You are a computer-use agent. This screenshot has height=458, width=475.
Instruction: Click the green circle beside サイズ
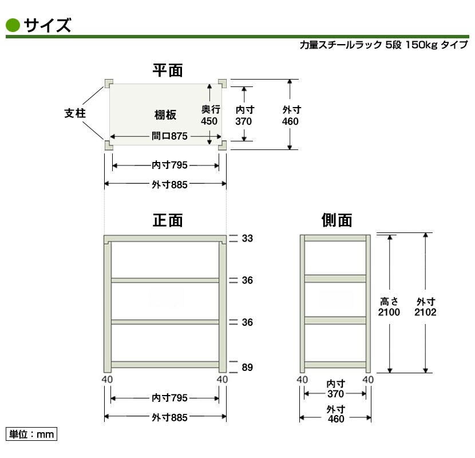pos(13,25)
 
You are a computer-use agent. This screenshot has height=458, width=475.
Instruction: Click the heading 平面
pos(168,70)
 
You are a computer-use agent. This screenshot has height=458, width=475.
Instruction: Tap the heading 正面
pos(168,220)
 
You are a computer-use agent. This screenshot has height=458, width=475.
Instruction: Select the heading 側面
pos(337,220)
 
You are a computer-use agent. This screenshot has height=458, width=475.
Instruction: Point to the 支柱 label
pos(75,113)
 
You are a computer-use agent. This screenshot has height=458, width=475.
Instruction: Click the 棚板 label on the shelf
pos(165,115)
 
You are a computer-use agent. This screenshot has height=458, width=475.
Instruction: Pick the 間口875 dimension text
pos(169,136)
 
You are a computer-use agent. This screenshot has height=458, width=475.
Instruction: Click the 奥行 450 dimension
pos(210,115)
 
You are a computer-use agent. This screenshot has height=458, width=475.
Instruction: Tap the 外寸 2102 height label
pos(425,307)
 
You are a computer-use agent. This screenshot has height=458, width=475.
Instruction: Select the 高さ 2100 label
pos(389,307)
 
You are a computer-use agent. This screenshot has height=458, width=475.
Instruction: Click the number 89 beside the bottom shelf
pos(247,367)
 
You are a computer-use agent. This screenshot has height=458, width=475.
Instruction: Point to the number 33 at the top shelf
pos(247,238)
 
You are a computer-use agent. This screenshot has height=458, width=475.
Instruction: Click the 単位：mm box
pos(31,434)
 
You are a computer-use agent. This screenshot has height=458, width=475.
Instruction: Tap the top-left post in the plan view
pos(109,83)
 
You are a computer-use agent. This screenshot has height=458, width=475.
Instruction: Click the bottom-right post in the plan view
pos(223,145)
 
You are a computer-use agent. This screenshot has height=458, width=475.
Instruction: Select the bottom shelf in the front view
pos(165,364)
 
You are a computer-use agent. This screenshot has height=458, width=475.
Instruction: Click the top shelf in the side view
pos(335,238)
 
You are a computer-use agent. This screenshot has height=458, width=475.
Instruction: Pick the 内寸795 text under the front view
pos(169,398)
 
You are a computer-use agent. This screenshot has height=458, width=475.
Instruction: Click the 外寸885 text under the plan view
pos(169,184)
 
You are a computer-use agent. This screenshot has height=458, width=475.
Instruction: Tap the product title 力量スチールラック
pos(341,45)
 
